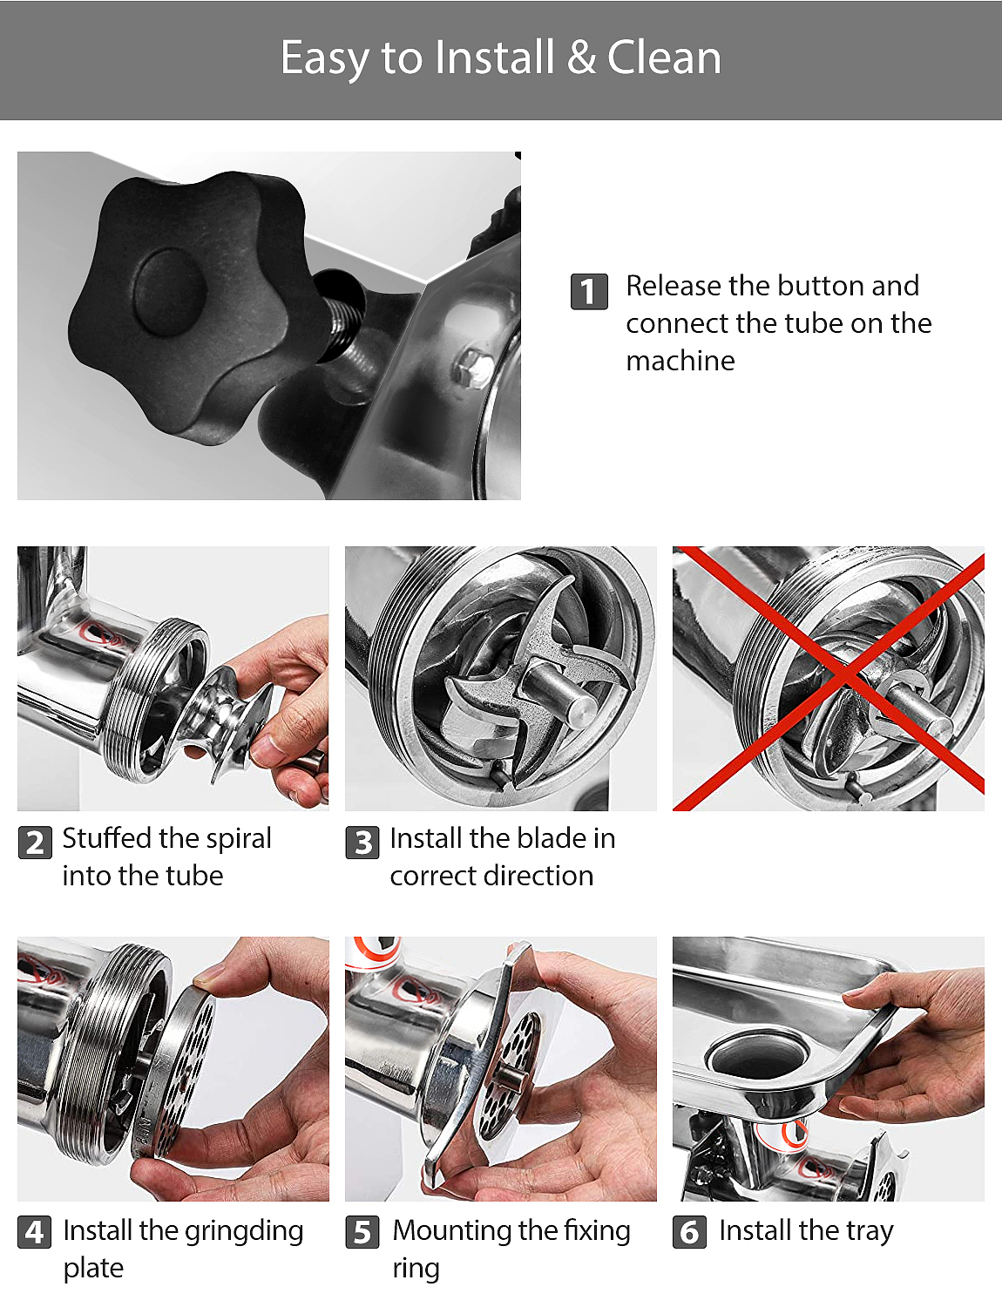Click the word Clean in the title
[x=663, y=58]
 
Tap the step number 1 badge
[x=589, y=291]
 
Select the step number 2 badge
[x=35, y=842]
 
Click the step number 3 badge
[x=362, y=842]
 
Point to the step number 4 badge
[x=34, y=1232]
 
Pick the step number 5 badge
[x=362, y=1232]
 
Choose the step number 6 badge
[x=689, y=1232]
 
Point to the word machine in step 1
[x=680, y=361]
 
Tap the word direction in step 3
[x=538, y=876]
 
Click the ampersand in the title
[x=580, y=58]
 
